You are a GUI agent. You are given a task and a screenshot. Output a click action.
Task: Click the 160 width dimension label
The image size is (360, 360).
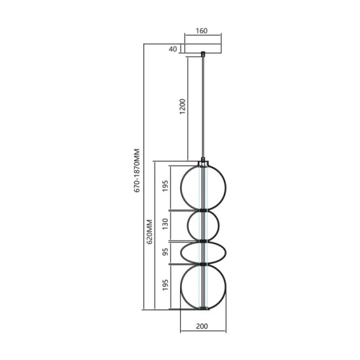tap(202, 30)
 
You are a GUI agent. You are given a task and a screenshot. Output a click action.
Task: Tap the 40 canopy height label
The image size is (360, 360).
tap(173, 49)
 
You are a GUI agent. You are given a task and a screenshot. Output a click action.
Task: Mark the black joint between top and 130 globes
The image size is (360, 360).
tap(204, 210)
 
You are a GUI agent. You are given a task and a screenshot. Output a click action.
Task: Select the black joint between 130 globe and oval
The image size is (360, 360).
tap(204, 241)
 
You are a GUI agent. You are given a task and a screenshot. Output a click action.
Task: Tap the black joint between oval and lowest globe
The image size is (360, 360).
tap(204, 263)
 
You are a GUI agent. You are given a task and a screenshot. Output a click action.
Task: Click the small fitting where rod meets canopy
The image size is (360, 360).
tap(203, 54)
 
